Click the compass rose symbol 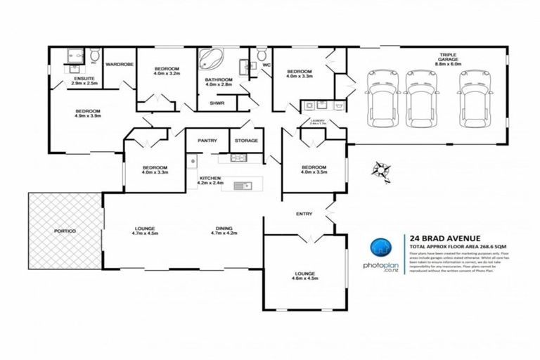click(381, 169)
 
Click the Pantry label click(207, 141)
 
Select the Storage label click(246, 141)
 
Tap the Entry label click(304, 214)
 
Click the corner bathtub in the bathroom click(209, 59)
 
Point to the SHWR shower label click(217, 103)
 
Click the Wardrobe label click(120, 65)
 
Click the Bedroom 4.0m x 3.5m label click(314, 169)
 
